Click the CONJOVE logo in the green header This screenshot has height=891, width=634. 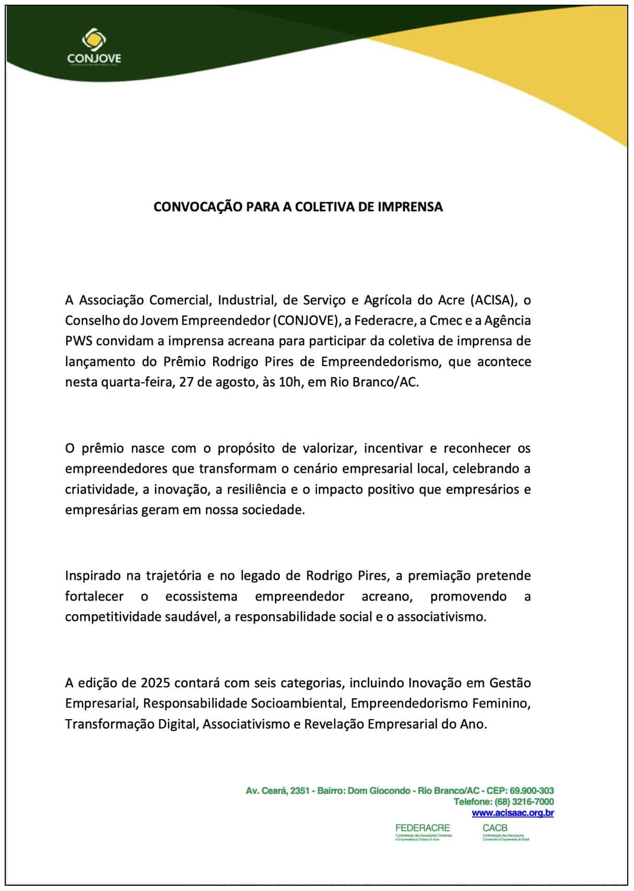[94, 46]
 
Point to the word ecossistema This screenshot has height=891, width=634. [201, 596]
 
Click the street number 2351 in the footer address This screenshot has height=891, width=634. [300, 791]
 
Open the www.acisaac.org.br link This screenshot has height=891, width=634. [513, 813]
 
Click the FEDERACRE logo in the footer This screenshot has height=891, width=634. [423, 831]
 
